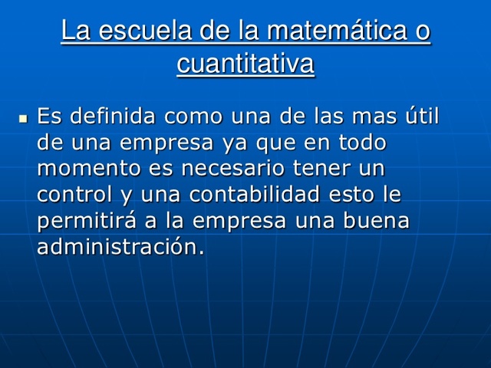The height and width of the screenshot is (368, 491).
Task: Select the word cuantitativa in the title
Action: coord(245,64)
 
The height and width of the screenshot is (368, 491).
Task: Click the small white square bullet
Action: coord(22,120)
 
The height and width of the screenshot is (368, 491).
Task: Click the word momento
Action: coord(80,168)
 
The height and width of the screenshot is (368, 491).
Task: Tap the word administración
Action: coord(120,246)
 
